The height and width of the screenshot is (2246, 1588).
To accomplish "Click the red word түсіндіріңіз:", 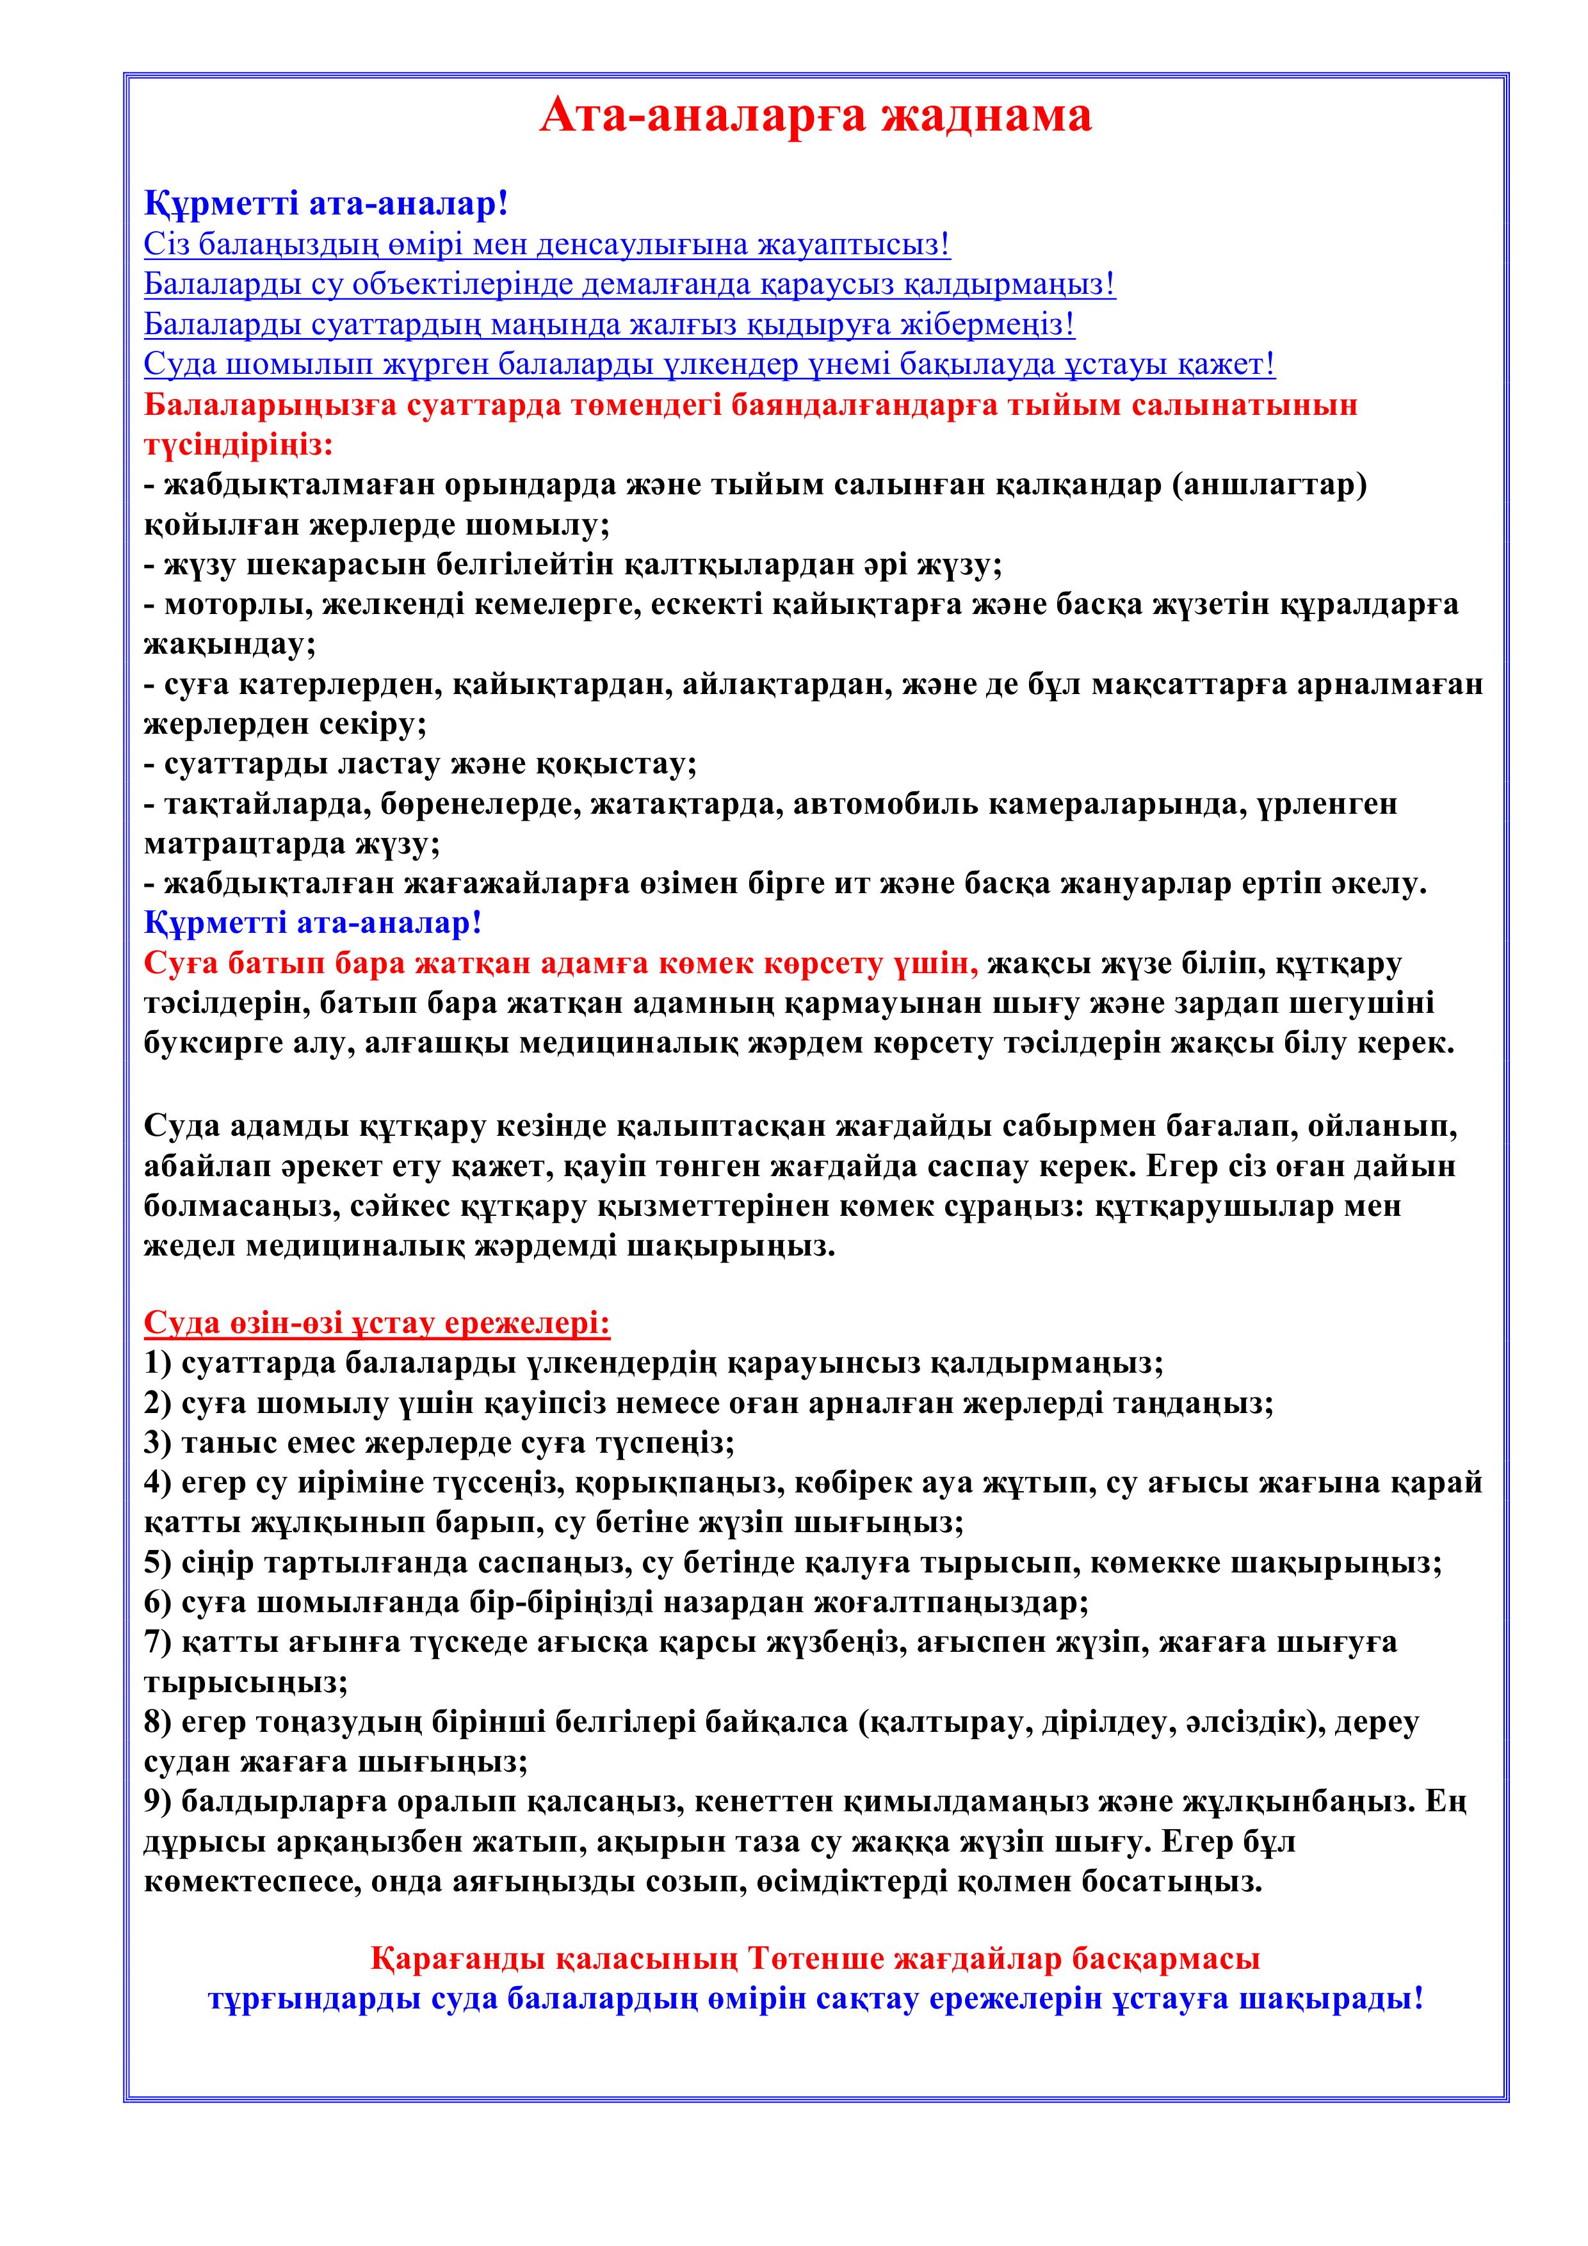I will [239, 444].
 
